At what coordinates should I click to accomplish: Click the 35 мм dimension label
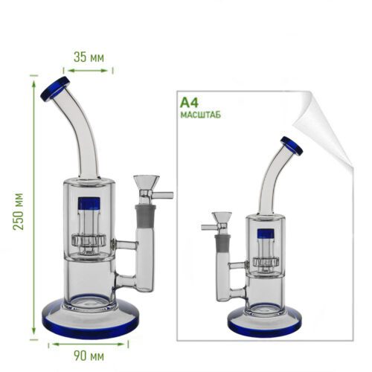pyautogui.click(x=89, y=57)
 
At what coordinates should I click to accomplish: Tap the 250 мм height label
pyautogui.click(x=19, y=211)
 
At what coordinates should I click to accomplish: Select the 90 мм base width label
pyautogui.click(x=89, y=356)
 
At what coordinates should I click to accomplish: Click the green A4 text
pyautogui.click(x=190, y=103)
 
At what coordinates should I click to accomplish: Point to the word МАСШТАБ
pyautogui.click(x=200, y=115)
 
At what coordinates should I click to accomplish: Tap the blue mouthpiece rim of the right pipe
pyautogui.click(x=292, y=146)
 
